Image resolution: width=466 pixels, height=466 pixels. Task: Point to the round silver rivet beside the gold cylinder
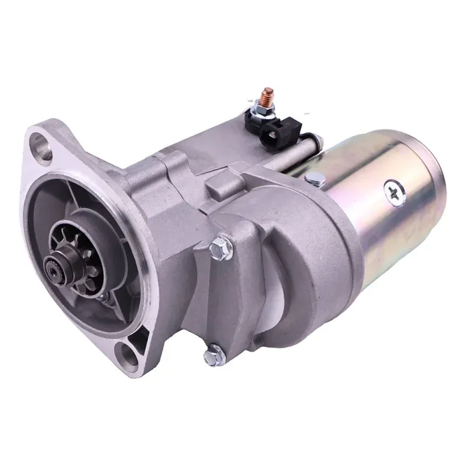(315, 178)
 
